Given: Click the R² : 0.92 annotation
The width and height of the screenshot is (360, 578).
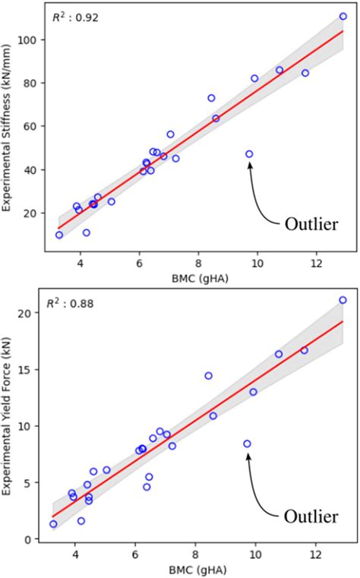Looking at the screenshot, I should pyautogui.click(x=71, y=16).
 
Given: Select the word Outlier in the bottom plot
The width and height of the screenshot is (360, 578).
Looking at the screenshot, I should pyautogui.click(x=311, y=516).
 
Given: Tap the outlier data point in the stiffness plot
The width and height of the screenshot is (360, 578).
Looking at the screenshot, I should pyautogui.click(x=249, y=154).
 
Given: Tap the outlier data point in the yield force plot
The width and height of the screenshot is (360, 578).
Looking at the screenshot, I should pyautogui.click(x=247, y=444).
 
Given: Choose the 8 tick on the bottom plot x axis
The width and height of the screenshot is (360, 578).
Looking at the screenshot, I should pyautogui.click(x=196, y=554).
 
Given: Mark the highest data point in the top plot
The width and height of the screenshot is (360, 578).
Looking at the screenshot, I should pyautogui.click(x=343, y=16).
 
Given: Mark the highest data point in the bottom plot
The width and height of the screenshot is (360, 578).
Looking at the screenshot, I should pyautogui.click(x=343, y=300).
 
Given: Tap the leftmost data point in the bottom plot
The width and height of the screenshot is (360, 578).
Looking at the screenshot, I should pyautogui.click(x=53, y=524).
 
